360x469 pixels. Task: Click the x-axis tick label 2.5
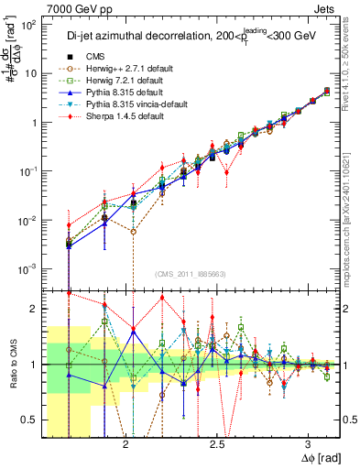217,442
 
